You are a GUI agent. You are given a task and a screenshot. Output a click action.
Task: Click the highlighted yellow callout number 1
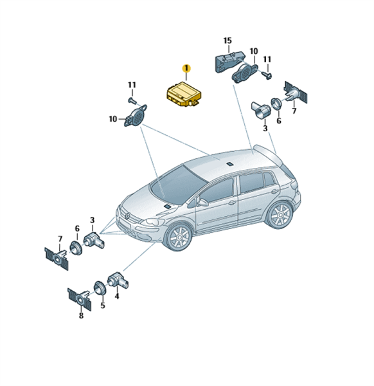click(x=186, y=68)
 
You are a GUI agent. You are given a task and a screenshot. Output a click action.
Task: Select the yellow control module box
click(x=184, y=95)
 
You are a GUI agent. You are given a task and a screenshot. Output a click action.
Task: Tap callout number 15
click(x=227, y=41)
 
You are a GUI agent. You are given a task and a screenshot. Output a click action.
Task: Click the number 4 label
click(x=117, y=296)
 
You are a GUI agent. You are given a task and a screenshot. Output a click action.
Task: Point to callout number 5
click(x=103, y=306)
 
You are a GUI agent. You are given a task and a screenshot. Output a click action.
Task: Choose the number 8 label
click(x=81, y=315)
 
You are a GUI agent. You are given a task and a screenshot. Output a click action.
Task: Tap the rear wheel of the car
click(x=280, y=215)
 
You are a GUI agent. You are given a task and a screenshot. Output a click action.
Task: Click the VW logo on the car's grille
click(x=127, y=216)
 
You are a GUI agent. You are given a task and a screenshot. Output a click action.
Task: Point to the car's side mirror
click(x=202, y=203)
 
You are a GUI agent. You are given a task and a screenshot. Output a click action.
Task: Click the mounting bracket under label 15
click(x=229, y=61)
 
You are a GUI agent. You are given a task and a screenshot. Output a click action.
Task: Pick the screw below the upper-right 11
click(x=267, y=75)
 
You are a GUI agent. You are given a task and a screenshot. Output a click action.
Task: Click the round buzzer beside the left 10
click(x=135, y=115)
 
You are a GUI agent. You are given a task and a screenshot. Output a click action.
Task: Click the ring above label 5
click(x=100, y=288)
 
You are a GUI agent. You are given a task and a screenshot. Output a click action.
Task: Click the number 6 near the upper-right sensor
click(x=279, y=121)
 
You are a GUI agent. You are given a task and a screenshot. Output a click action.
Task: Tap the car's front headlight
click(x=152, y=223)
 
